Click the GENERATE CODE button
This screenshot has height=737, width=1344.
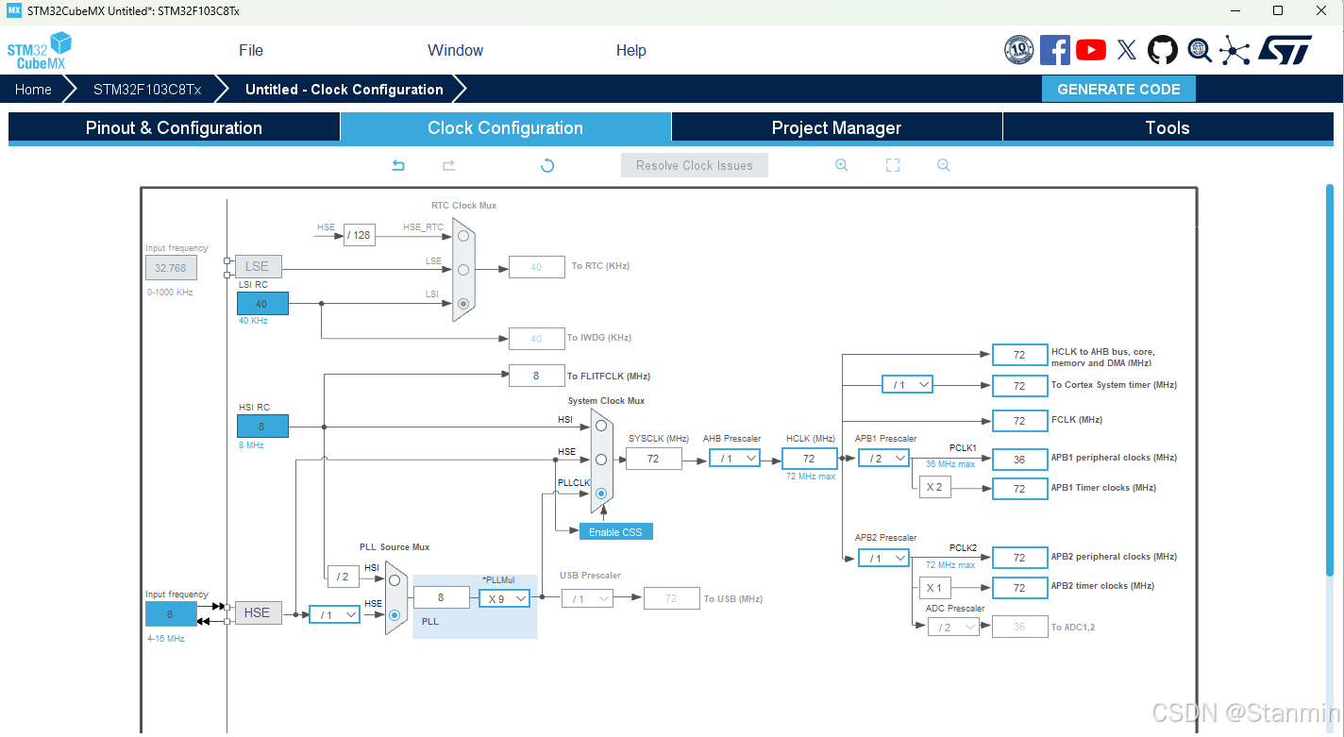tap(1118, 90)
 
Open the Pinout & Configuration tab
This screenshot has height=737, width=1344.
tap(174, 128)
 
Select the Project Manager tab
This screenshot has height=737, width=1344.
tap(836, 128)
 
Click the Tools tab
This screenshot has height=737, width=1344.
tap(1168, 128)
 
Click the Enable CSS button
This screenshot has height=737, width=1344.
tap(615, 532)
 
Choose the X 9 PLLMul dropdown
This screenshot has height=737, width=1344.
tap(504, 598)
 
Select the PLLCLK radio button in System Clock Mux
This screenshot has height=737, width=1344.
tap(601, 494)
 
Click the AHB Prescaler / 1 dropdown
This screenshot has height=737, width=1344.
tap(734, 459)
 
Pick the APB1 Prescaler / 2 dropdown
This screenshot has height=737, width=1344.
tap(883, 459)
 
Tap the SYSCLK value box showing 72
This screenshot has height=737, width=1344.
tap(653, 459)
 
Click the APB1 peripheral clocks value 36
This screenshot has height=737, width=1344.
tap(1019, 460)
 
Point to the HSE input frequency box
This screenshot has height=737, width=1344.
tap(171, 614)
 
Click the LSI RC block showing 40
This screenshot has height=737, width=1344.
tap(261, 304)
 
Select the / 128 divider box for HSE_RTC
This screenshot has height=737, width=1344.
tap(359, 235)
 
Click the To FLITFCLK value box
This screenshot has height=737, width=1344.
tap(536, 376)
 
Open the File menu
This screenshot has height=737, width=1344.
tap(251, 51)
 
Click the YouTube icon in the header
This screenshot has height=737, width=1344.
tap(1091, 50)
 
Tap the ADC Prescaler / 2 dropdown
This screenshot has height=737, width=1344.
tap(952, 628)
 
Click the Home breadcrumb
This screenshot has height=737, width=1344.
tap(33, 90)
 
